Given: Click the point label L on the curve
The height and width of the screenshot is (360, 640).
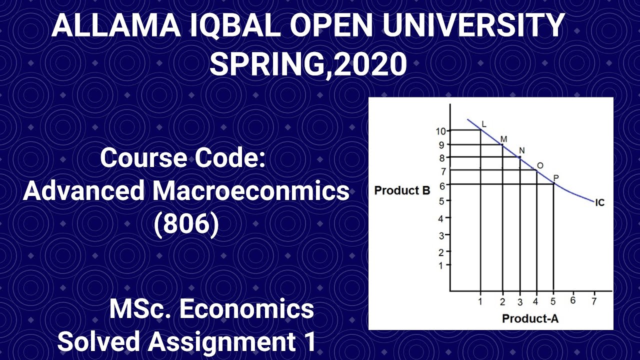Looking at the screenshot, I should (x=483, y=123).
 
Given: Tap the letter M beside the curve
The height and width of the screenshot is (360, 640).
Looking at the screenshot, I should (x=503, y=138).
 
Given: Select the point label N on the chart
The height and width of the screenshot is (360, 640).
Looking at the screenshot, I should (x=521, y=150).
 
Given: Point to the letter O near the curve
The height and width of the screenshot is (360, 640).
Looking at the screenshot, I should (x=539, y=165).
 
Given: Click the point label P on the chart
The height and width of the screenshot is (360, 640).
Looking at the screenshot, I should (x=556, y=178).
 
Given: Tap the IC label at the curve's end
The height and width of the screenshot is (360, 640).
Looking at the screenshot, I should (x=600, y=202).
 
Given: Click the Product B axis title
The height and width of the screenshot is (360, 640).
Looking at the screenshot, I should (x=402, y=190).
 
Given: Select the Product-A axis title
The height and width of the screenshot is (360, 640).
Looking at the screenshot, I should (x=530, y=318).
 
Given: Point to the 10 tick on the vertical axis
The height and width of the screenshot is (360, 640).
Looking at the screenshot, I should (x=440, y=131).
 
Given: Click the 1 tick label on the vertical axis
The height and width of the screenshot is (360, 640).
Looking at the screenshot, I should (x=440, y=266).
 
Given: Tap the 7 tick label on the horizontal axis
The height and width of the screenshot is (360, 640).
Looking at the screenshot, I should (x=594, y=301).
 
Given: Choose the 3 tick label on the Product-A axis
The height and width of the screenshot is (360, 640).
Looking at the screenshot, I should (x=520, y=302).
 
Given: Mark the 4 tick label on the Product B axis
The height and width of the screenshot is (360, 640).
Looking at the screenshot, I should (x=440, y=218).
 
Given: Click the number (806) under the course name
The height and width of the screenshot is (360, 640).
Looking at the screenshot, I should (x=186, y=224).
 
